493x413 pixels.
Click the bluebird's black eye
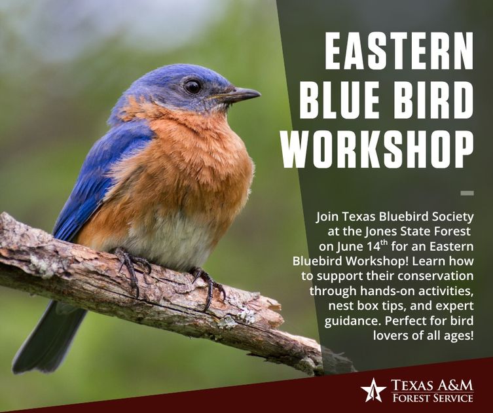click(192, 86)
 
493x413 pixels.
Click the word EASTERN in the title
click(399, 50)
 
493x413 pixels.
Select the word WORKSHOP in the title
click(378, 149)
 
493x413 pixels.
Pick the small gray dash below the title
click(467, 193)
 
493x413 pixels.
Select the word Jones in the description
click(381, 232)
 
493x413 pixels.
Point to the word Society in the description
click(453, 217)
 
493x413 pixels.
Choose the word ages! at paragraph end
click(459, 336)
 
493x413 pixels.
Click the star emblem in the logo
click(373, 390)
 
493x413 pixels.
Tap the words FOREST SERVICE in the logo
click(433, 398)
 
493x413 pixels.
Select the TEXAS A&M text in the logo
click(432, 385)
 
